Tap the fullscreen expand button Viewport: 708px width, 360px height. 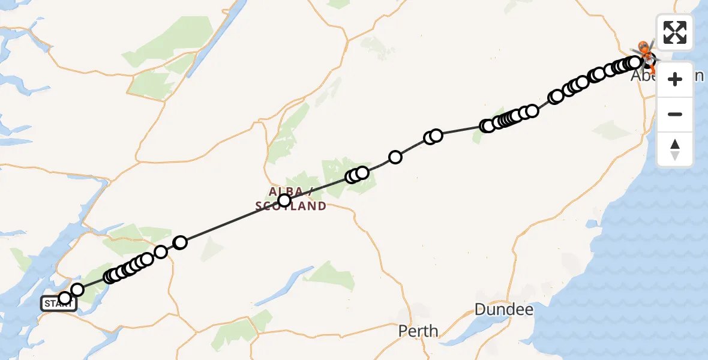675,32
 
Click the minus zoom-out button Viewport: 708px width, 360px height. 675,114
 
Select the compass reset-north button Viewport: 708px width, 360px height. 675,149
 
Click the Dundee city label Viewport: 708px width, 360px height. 503,310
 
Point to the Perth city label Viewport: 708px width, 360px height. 418,331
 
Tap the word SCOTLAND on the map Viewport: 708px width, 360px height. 291,206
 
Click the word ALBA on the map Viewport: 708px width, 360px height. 286,191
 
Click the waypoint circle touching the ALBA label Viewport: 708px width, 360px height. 284,200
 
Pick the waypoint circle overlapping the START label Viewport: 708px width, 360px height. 65,298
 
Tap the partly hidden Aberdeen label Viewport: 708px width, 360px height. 642,76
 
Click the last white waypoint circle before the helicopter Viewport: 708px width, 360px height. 635,62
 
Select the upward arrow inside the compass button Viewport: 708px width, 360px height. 675,144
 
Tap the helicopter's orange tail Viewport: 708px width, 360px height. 653,70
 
